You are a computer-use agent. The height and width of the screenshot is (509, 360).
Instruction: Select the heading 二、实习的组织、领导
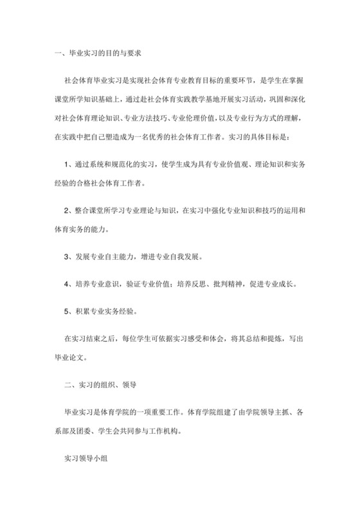click(86, 385)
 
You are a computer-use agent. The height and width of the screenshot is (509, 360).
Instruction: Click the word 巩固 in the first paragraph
click(278, 100)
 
